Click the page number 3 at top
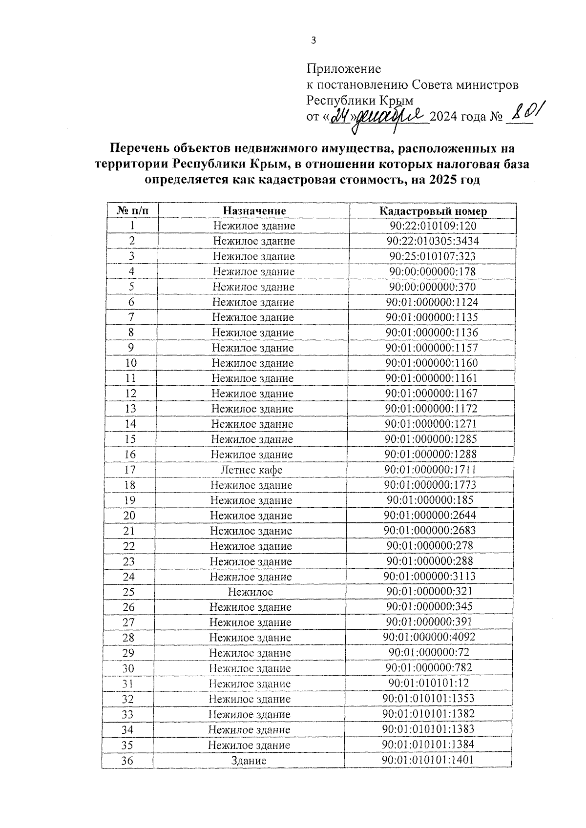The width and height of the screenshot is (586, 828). click(x=314, y=41)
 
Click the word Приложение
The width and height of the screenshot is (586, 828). click(x=343, y=69)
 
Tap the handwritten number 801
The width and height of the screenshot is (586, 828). click(x=524, y=113)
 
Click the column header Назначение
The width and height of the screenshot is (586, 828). click(x=254, y=211)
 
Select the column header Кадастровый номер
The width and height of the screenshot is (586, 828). click(x=433, y=211)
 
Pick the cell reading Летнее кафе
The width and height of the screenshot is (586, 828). click(x=251, y=470)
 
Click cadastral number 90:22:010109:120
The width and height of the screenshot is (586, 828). click(x=433, y=226)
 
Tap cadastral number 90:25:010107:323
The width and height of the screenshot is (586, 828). click(x=432, y=256)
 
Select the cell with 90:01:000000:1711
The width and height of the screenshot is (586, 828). click(x=430, y=470)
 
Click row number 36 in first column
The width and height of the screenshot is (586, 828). click(x=127, y=761)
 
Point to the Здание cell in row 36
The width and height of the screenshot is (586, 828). click(x=249, y=761)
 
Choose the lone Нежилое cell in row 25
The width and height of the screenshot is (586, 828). click(x=251, y=592)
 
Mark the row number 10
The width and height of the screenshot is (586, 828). click(x=130, y=363)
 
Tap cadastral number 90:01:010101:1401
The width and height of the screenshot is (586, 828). click(x=428, y=760)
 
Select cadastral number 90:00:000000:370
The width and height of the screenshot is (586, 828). click(x=432, y=287)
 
